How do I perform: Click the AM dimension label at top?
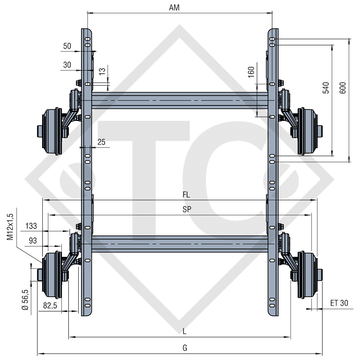click(x=174, y=8)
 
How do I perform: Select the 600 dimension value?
click(x=343, y=88)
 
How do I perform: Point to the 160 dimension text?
click(x=251, y=72)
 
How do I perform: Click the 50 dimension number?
click(x=67, y=46)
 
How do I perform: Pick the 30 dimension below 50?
click(x=67, y=65)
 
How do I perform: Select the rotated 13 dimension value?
click(x=102, y=71)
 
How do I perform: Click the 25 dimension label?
click(x=101, y=142)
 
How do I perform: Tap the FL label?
click(x=186, y=194)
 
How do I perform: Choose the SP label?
click(x=187, y=210)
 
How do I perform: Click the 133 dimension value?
click(x=31, y=226)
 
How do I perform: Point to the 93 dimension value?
click(x=32, y=241)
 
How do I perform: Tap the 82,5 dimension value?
click(x=50, y=306)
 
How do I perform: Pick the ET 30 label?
click(x=339, y=303)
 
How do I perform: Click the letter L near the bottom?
click(x=184, y=331)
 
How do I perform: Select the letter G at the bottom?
click(x=185, y=348)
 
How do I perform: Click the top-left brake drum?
click(x=50, y=133)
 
